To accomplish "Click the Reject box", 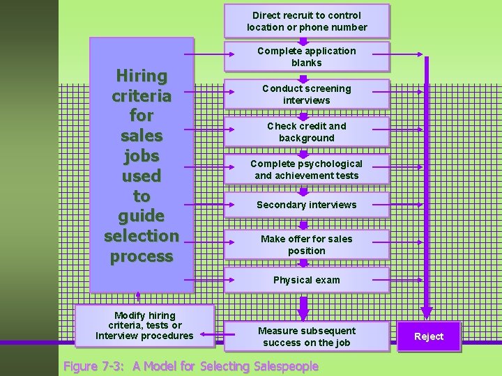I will coord(429,336).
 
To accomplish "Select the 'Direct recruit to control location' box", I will coord(307,21).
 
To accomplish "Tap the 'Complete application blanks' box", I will coord(307,56).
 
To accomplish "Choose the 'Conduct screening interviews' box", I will coord(307,94).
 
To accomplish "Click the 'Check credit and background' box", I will coord(307,132).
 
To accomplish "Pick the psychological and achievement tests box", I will coord(307,169).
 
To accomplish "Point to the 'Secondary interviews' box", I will coord(307,205).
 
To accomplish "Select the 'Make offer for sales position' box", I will coord(307,244).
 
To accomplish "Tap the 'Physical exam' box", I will coord(307,280).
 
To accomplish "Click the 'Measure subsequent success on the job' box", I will coord(307,336).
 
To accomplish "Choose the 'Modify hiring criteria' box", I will coord(144,326).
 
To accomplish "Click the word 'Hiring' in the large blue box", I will coord(142,75).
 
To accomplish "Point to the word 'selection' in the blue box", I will coord(142,235).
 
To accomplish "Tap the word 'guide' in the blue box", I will coord(142,216).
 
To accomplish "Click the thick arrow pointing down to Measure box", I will coord(303,307).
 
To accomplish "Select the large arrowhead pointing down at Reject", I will coord(427,311).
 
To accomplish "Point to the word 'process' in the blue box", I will coord(142,256).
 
